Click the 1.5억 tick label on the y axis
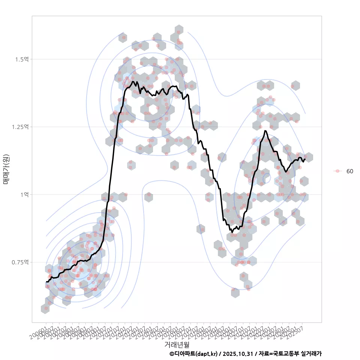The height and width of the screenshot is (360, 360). coord(22,59)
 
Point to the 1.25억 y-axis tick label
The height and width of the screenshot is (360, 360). coord(20,127)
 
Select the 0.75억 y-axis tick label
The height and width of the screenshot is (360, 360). coord(20,262)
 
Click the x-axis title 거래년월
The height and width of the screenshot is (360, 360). coord(177,344)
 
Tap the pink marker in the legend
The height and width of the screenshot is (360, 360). coord(337,171)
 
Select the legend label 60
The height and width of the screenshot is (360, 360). coord(349,171)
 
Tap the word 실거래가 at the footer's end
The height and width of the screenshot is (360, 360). coord(311,354)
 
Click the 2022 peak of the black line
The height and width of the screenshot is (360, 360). coord(265,131)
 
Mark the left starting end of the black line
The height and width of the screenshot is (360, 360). coord(46,281)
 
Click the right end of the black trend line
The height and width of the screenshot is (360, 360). coord(305,159)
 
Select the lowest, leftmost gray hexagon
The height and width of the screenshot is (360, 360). coord(46,309)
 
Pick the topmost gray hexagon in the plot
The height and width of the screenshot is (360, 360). coord(179,30)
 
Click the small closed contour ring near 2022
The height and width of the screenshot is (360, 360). coord(266,178)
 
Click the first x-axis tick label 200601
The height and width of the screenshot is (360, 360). coord(39,330)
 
